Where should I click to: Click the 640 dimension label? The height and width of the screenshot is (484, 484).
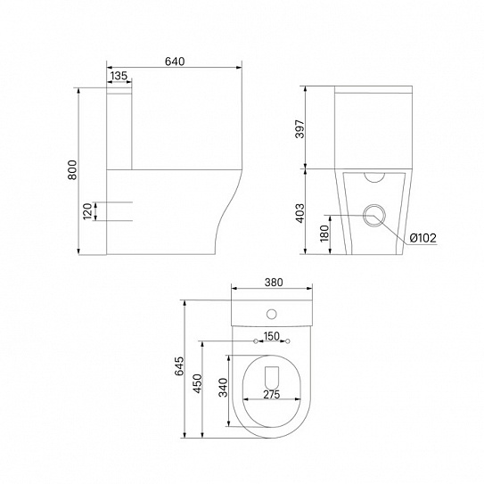175,62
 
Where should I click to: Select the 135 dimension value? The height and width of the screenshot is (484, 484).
119,76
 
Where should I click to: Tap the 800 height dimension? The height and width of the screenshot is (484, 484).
72,169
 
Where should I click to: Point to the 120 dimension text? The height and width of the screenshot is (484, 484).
88,211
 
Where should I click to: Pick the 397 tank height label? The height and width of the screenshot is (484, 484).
299,129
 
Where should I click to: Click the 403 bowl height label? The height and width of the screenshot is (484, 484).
299,213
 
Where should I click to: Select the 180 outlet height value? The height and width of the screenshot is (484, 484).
324,234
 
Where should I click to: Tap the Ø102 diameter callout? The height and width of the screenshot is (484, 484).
422,238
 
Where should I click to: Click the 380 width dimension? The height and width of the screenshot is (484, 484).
274,283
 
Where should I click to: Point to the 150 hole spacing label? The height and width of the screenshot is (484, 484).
272,336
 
